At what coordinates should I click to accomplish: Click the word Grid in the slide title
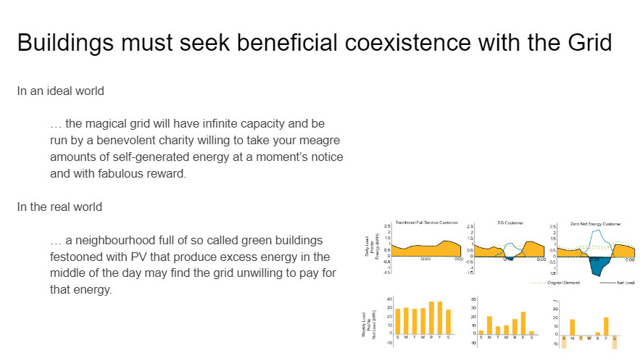coord(586,42)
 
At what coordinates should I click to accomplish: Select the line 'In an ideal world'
coord(61,91)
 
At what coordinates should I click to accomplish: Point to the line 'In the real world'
coord(59,207)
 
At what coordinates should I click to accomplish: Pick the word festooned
coord(79,257)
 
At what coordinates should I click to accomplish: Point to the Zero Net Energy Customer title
coord(597,223)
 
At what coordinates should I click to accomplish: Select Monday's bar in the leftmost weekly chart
coord(406,320)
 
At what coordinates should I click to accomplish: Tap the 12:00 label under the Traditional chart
coord(425,260)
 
